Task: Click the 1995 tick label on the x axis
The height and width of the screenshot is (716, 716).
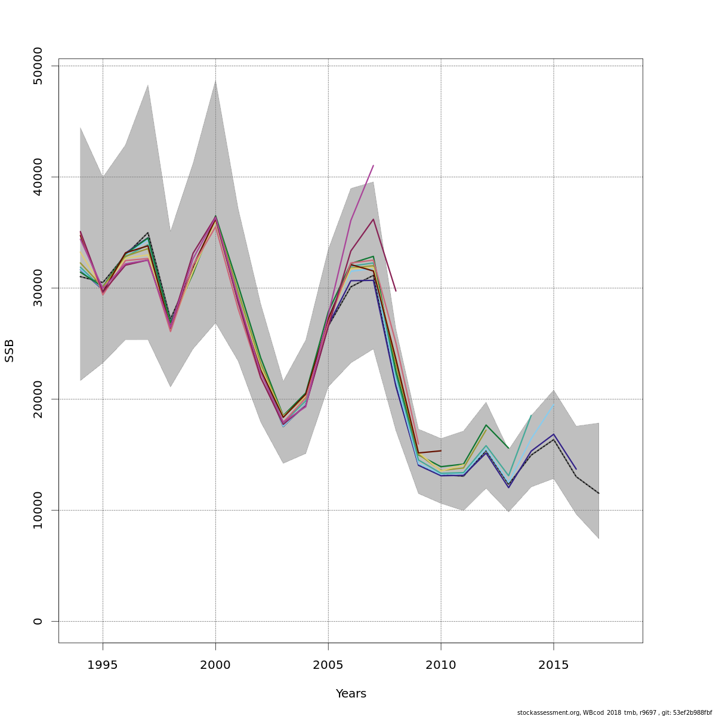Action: (x=103, y=665)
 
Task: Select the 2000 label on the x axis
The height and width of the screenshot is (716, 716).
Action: (x=215, y=665)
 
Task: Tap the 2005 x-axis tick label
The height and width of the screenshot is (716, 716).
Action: (x=328, y=665)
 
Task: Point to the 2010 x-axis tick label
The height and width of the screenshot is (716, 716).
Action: (x=441, y=665)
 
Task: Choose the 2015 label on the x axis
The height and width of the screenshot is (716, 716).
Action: (x=553, y=665)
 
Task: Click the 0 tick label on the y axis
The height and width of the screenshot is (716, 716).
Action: (x=38, y=621)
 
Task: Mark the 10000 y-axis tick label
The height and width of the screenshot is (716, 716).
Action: (x=38, y=510)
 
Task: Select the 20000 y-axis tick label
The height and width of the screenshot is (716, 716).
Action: (x=38, y=399)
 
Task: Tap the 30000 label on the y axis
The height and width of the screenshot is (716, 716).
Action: (x=38, y=288)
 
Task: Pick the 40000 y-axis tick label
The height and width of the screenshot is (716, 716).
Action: (x=38, y=177)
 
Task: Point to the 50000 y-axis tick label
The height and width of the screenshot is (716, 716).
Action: (x=38, y=66)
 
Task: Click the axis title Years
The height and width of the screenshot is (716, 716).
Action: (x=351, y=694)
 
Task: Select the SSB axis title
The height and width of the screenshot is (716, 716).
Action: (x=10, y=350)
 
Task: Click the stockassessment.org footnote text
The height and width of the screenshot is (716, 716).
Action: (x=614, y=712)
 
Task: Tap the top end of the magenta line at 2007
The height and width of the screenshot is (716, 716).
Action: (x=373, y=166)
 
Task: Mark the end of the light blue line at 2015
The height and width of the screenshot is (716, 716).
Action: (x=553, y=406)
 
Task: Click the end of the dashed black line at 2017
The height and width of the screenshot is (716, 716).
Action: (x=598, y=493)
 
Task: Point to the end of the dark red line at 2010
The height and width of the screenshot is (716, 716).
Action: (x=441, y=450)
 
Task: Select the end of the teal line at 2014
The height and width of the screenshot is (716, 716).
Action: (x=530, y=415)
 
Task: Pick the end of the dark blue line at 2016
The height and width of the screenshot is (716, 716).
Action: (x=576, y=469)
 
